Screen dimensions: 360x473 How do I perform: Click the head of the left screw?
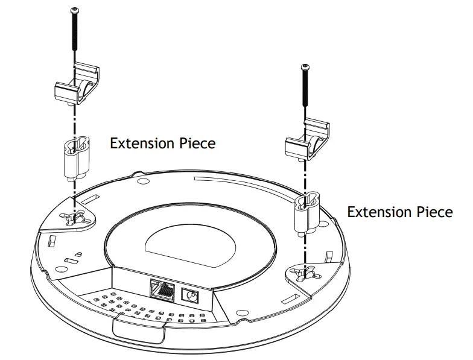coord(75,11)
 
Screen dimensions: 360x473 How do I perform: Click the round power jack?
coord(192,296)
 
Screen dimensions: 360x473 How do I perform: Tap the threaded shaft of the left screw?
coord(75,36)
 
